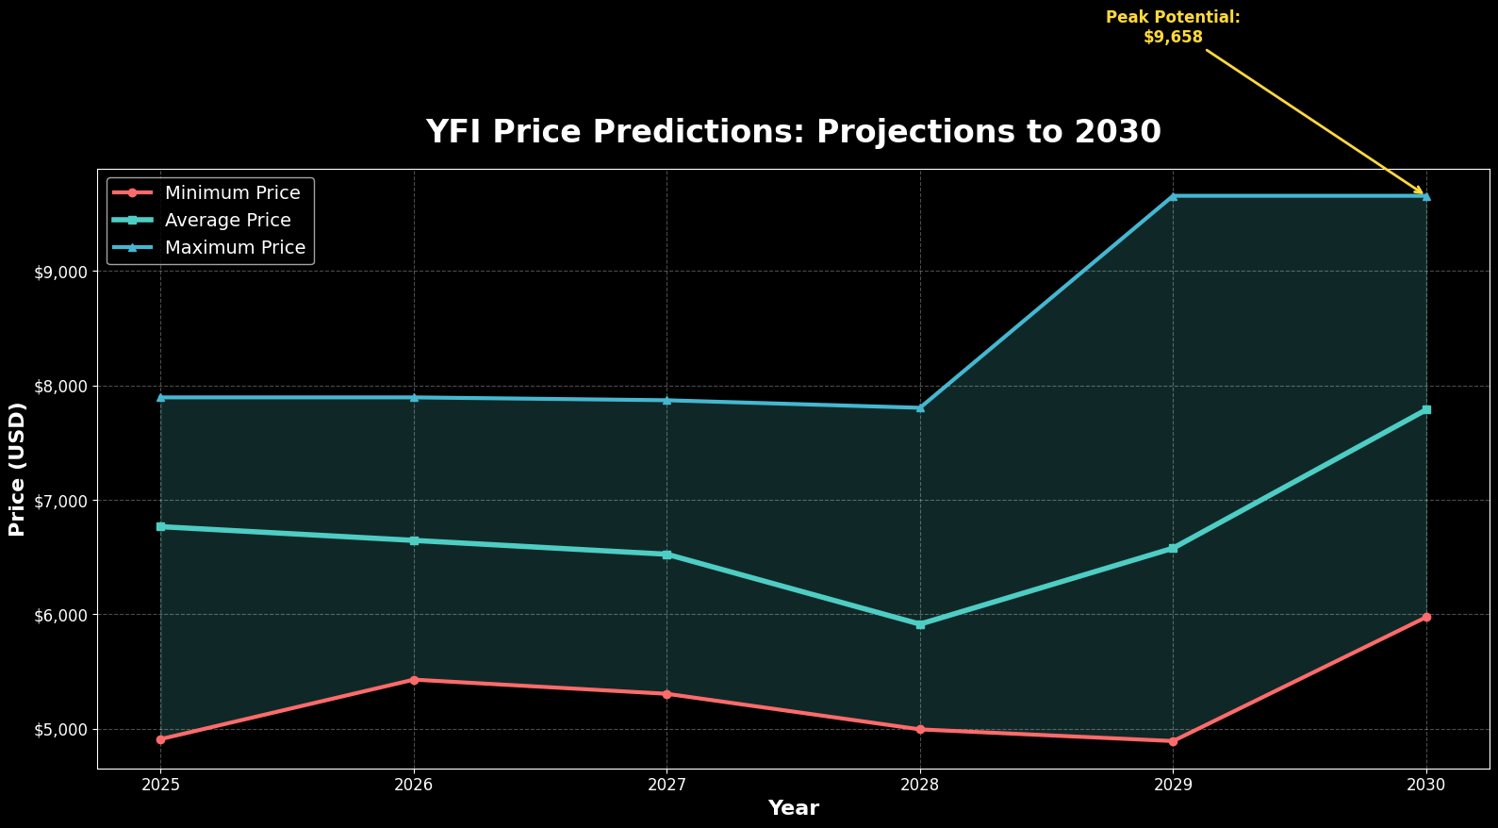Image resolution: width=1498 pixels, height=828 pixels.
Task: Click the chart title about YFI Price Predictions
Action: click(x=793, y=132)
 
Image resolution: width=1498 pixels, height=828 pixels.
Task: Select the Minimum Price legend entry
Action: click(x=232, y=193)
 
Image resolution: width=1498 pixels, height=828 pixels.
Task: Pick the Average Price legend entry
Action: click(x=227, y=221)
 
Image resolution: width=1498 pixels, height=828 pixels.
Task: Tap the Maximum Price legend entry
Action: click(x=235, y=248)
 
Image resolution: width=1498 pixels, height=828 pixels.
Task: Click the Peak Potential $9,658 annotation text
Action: click(x=1173, y=27)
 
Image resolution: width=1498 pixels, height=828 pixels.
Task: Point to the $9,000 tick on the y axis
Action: click(x=60, y=273)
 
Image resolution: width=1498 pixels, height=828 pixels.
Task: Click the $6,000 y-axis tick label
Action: click(x=60, y=616)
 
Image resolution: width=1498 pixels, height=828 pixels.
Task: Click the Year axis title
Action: click(x=793, y=808)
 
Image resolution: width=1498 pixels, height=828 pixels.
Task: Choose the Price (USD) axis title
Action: click(x=17, y=470)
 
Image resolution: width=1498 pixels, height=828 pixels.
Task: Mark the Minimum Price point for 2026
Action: click(x=414, y=680)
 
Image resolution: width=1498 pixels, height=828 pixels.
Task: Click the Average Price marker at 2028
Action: click(x=920, y=624)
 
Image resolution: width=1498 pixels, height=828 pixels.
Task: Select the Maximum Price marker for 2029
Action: click(x=1173, y=196)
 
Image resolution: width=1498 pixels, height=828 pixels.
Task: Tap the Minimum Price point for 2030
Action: click(x=1426, y=617)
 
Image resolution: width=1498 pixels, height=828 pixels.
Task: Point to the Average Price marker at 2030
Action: click(x=1426, y=410)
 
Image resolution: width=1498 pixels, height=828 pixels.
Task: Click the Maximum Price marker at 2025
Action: click(x=161, y=398)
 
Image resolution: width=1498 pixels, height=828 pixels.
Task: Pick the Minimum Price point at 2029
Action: click(x=1173, y=741)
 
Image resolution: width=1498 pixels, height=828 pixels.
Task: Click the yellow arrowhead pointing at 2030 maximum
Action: click(x=1420, y=191)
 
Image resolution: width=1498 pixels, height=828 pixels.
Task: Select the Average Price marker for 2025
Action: click(x=161, y=526)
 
